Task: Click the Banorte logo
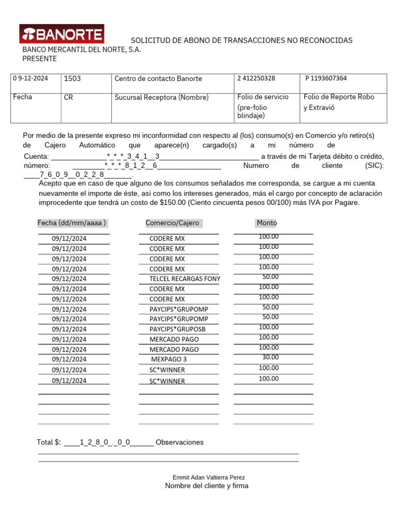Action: pos(62,34)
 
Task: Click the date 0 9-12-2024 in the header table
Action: pos(31,78)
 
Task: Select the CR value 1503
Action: pos(72,78)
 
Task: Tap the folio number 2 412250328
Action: pos(257,78)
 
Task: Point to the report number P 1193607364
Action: pos(326,78)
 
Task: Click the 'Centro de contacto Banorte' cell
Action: pos(158,79)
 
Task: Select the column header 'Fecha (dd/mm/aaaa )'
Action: pos(72,223)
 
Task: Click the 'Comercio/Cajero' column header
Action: pos(172,223)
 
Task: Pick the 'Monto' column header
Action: pos(266,223)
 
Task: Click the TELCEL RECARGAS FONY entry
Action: pos(184,279)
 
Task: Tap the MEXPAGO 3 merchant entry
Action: pos(169,359)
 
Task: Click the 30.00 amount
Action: pos(270,357)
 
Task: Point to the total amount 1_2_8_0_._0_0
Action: pos(105,442)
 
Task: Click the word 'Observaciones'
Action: pos(179,442)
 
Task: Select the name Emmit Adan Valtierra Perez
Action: pos(208,477)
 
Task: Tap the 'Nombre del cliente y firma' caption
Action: pos(207,486)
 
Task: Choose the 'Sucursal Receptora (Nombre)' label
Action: pos(161,97)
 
